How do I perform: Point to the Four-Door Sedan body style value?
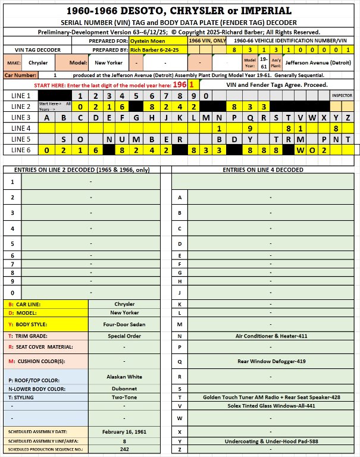pyautogui.click(x=124, y=325)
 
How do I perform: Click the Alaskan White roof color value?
pyautogui.click(x=124, y=377)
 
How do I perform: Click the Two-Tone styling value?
pyautogui.click(x=124, y=399)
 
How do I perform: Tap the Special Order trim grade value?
pyautogui.click(x=124, y=336)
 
